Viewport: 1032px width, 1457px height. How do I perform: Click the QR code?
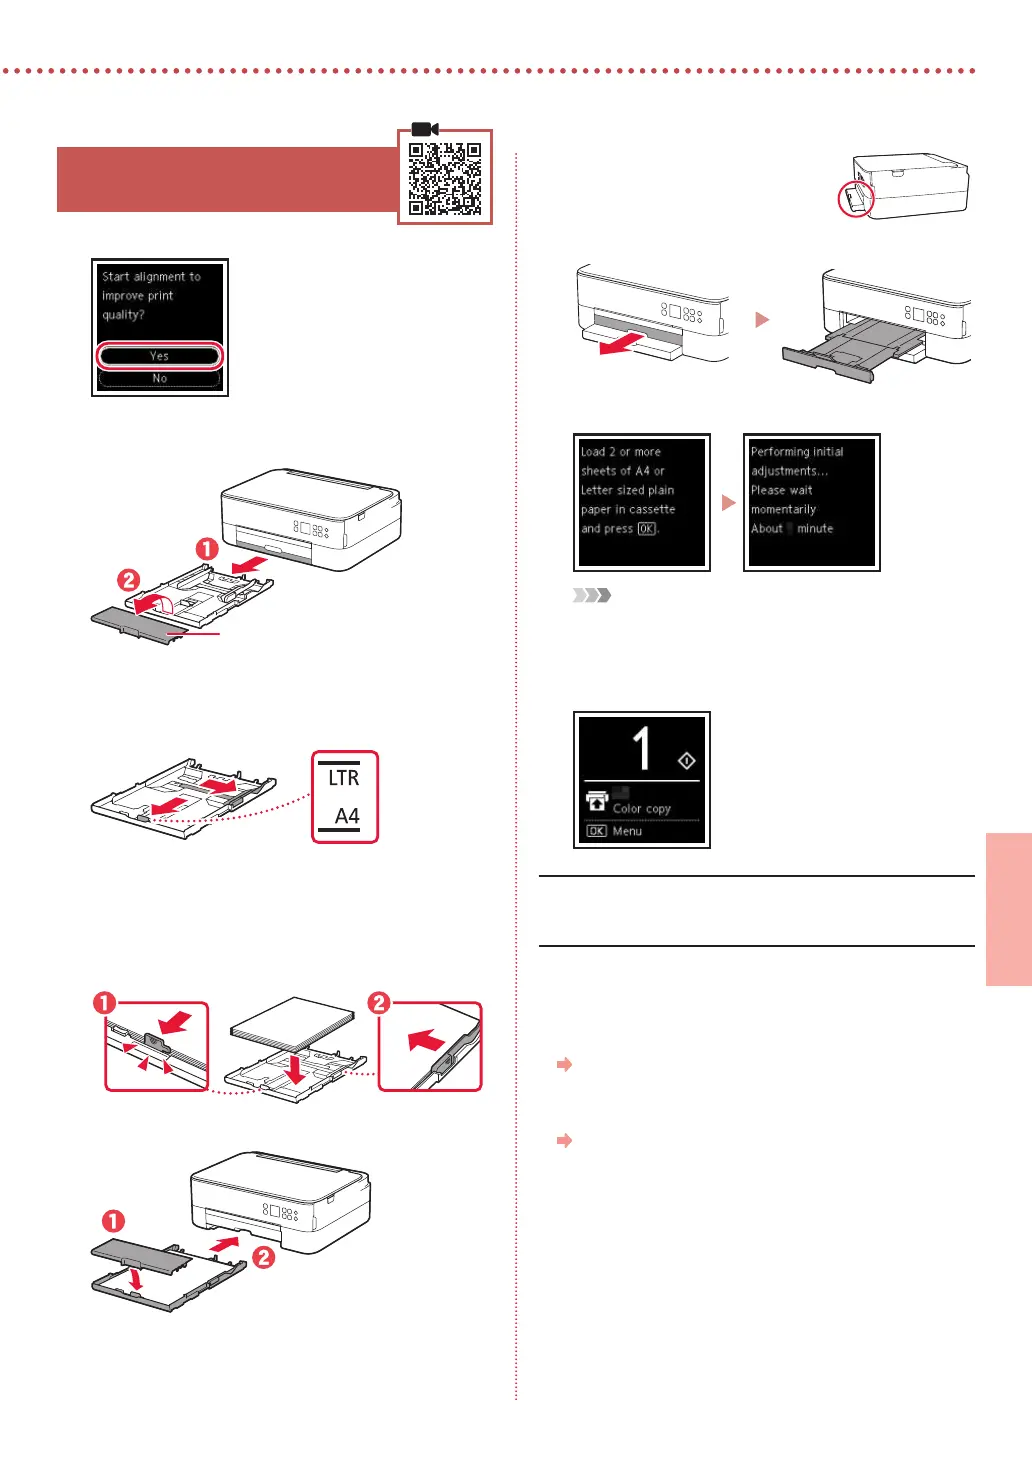445,179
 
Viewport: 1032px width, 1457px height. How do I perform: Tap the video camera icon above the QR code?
425,130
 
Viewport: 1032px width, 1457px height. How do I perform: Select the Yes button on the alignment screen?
159,356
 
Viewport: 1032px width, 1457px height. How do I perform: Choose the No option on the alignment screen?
159,379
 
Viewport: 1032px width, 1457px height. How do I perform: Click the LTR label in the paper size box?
343,778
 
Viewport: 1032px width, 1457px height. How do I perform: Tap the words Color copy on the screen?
641,809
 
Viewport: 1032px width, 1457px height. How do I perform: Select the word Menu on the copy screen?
627,831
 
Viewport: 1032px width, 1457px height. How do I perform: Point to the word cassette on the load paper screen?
652,510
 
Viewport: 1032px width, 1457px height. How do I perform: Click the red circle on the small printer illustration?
855,199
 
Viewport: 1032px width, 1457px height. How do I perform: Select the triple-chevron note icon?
591,596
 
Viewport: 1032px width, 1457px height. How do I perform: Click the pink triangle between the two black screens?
729,503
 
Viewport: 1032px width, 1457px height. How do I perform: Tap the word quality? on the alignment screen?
123,315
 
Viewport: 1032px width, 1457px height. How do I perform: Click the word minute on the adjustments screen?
815,529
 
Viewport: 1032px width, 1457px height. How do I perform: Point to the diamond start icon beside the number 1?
686,762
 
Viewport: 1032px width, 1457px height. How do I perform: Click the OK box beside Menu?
596,831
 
